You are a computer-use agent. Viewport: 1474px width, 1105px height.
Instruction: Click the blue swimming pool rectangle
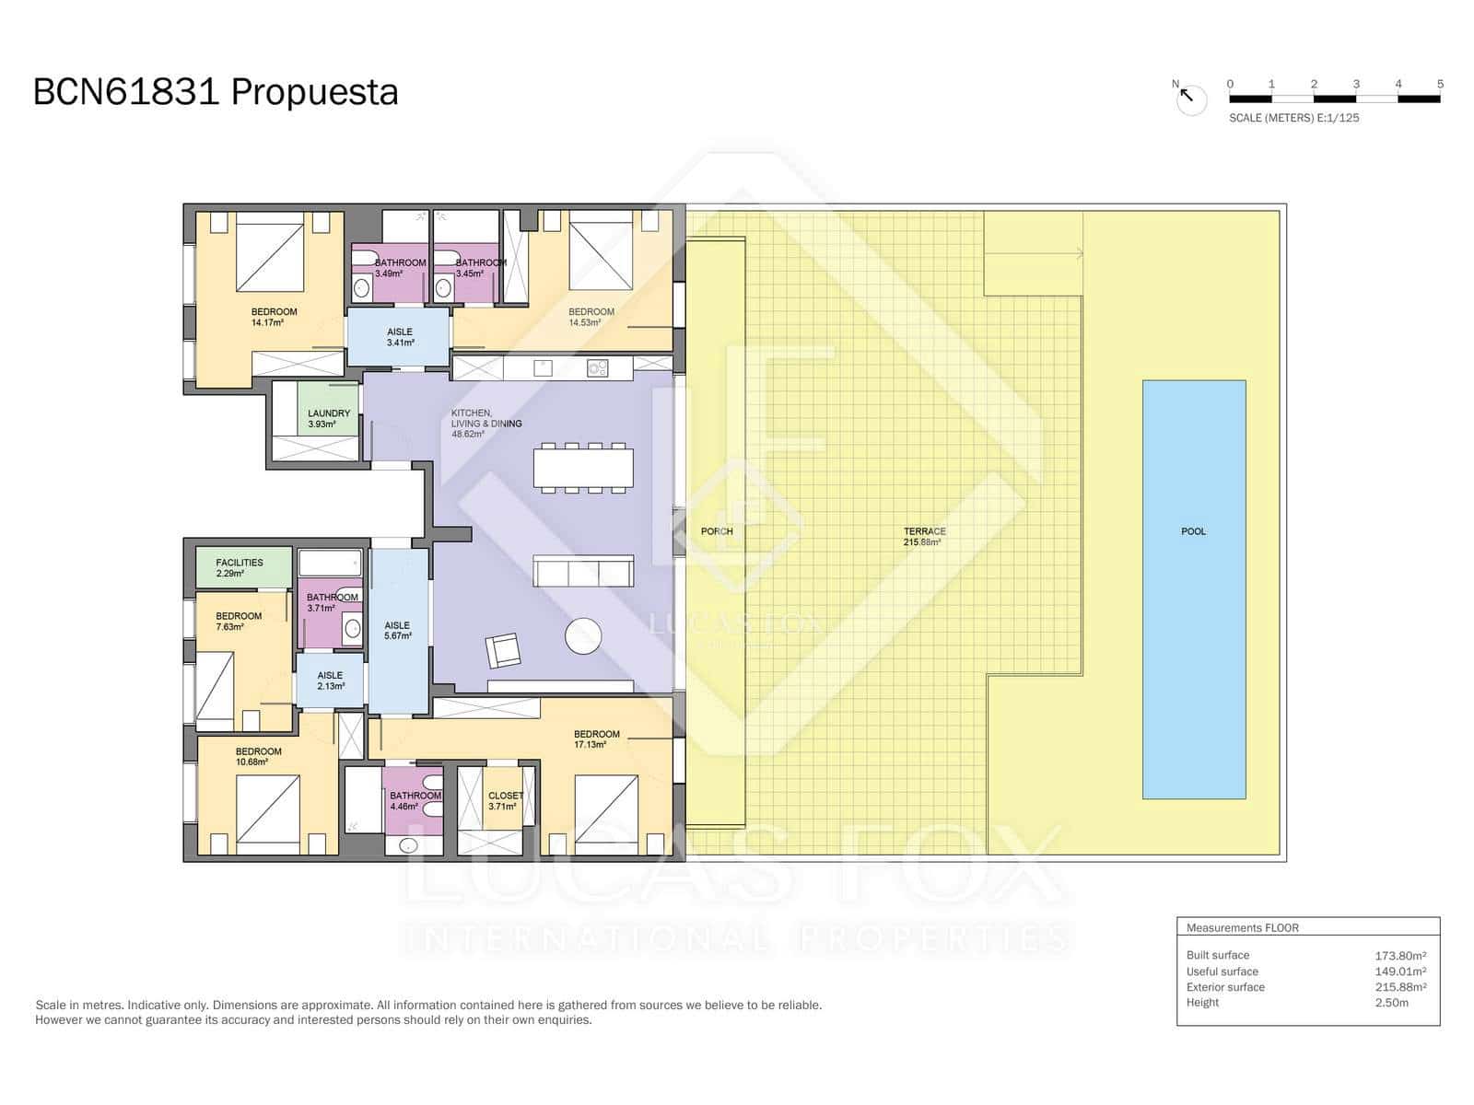point(1194,589)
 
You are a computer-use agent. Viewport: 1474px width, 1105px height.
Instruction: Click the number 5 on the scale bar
point(1440,84)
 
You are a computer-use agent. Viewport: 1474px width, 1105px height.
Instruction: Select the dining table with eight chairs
point(583,468)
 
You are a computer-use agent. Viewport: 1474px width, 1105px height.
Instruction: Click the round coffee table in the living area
point(583,635)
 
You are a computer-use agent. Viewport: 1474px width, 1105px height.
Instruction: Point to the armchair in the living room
point(503,651)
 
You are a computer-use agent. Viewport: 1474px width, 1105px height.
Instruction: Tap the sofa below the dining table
point(583,571)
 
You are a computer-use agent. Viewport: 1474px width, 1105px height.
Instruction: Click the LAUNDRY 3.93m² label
point(328,419)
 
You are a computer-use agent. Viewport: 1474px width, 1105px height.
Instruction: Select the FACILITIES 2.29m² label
point(239,567)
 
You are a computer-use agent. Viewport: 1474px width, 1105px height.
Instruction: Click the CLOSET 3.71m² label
point(505,800)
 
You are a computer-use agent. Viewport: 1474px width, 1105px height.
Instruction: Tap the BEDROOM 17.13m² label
point(596,739)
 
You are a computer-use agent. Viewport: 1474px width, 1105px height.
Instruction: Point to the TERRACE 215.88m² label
point(924,536)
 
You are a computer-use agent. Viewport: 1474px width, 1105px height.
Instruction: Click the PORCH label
point(716,531)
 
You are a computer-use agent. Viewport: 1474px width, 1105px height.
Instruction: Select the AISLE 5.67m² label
point(397,630)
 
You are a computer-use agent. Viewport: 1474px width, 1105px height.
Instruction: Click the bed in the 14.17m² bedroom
point(270,252)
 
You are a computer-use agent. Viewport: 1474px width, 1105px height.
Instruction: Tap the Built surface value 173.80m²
point(1399,956)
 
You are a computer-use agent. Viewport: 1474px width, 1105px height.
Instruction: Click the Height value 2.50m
point(1391,1003)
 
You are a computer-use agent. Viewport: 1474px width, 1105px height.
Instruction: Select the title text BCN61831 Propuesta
point(216,92)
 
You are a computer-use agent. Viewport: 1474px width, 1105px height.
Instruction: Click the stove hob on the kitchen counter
point(597,368)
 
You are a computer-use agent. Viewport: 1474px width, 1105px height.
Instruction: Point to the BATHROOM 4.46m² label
point(415,800)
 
